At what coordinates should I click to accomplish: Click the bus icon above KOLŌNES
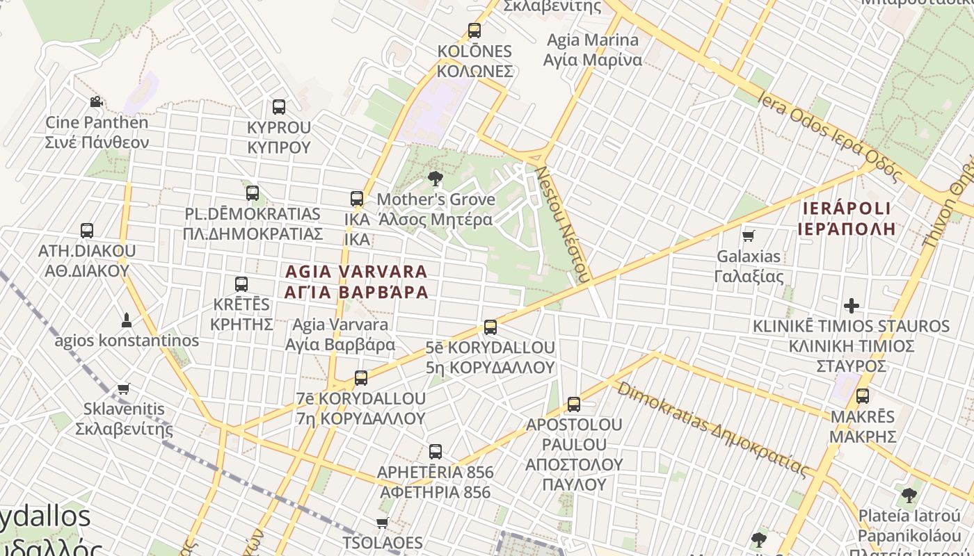point(474,31)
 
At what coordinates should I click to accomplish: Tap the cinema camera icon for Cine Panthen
point(96,102)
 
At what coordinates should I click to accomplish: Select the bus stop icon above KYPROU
point(279,107)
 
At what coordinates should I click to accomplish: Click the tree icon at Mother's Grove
point(436,179)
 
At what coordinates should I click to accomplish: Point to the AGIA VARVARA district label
point(356,281)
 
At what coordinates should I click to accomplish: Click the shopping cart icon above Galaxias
point(749,236)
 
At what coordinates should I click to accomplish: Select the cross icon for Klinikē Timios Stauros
point(851,306)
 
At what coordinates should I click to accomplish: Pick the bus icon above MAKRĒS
point(863,396)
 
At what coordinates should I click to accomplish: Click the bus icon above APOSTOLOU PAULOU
point(574,404)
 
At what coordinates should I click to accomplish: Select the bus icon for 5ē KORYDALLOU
point(490,327)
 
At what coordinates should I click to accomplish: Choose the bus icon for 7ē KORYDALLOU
point(361,378)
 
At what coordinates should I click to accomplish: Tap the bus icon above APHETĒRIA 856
point(436,452)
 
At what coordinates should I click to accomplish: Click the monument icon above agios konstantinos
point(127,320)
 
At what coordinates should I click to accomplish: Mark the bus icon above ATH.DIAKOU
point(87,230)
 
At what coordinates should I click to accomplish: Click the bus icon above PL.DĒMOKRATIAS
point(253,193)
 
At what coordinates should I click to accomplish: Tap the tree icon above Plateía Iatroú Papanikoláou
point(909,496)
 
